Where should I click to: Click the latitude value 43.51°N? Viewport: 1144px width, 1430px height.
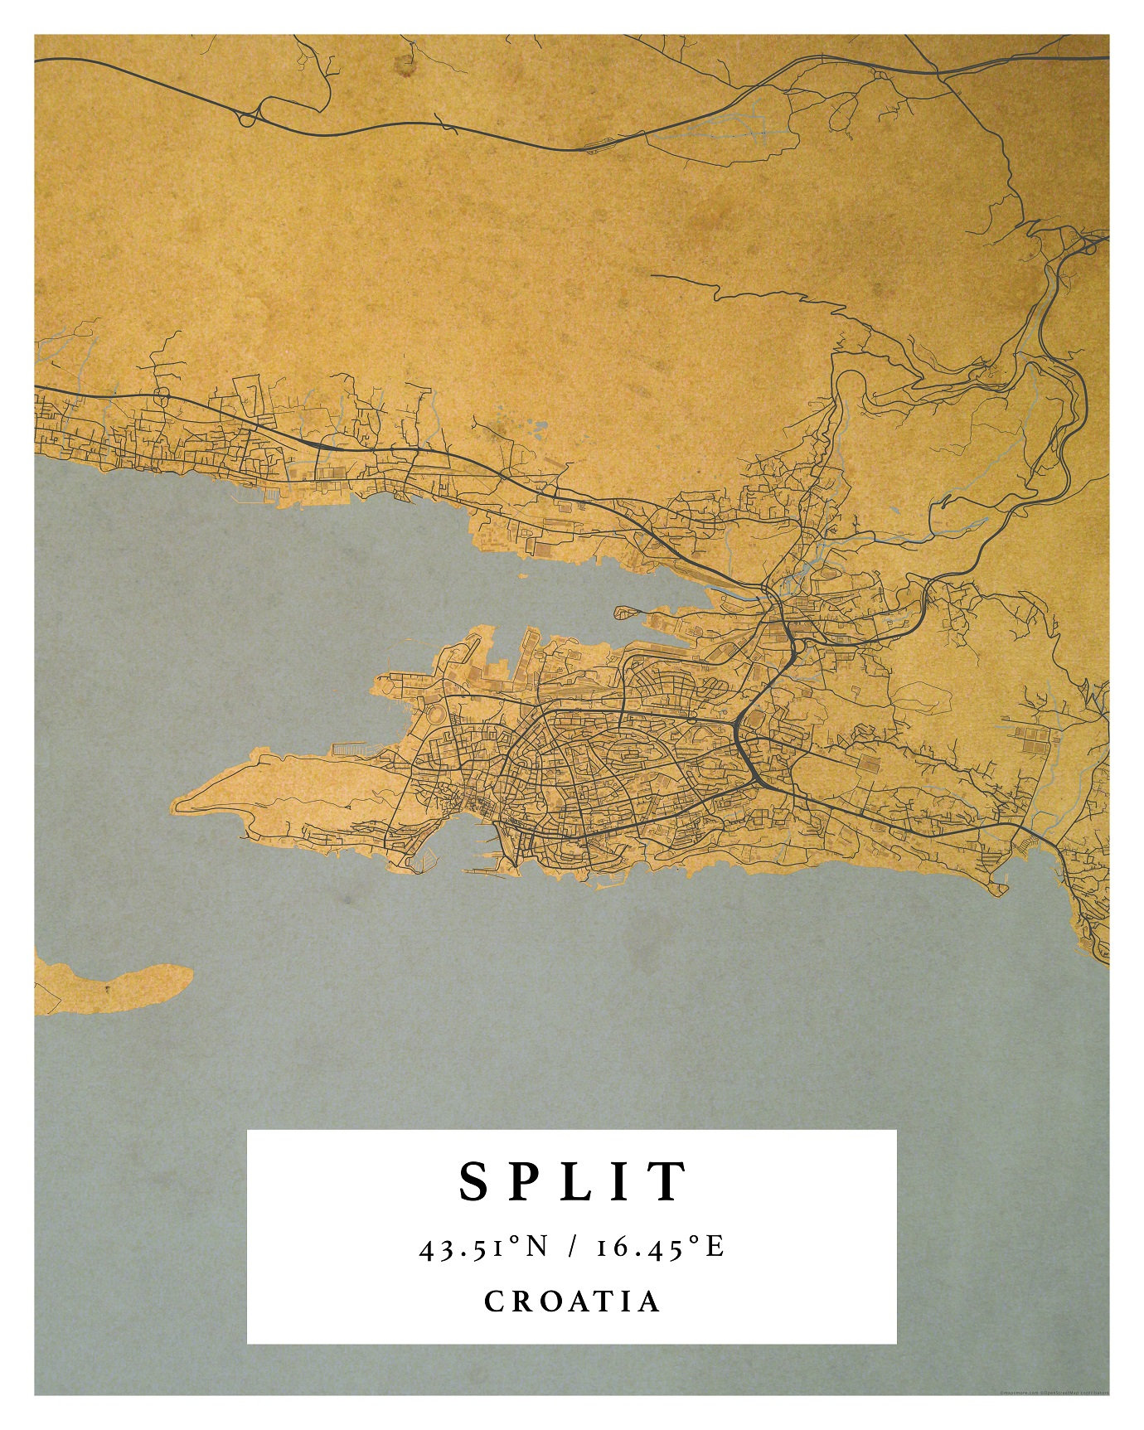[484, 1247]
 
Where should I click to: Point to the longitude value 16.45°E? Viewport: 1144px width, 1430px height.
[661, 1247]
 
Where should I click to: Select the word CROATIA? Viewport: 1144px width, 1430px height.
[572, 1301]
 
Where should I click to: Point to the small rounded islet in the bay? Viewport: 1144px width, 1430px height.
[627, 613]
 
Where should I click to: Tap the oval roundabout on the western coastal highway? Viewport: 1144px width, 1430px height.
[162, 395]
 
